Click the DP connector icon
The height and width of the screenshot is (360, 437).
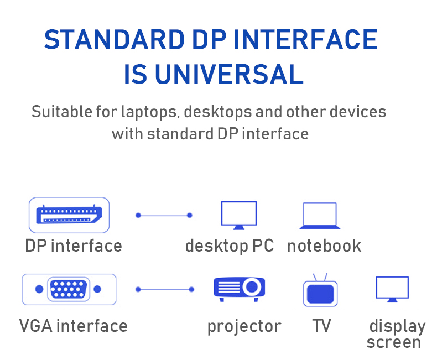pos(69,215)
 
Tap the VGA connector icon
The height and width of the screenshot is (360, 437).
pos(69,289)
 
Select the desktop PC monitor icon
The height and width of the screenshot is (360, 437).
pos(239,215)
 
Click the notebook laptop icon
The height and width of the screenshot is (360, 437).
pos(320,216)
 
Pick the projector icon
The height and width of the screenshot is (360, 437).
pos(239,289)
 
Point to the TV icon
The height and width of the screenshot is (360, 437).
pos(320,290)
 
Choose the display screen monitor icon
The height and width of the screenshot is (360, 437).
pos(392,289)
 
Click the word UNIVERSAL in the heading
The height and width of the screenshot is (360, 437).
pos(229,74)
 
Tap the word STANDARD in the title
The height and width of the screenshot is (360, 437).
pos(115,39)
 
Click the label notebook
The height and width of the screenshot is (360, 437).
pos(324,246)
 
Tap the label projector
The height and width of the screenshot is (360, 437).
pos(244,326)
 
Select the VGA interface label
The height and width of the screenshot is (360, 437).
pos(74,326)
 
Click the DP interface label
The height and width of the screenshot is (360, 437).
pos(74,246)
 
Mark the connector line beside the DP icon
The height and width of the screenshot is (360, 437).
pos(164,215)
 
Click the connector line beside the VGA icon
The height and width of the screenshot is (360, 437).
pos(165,290)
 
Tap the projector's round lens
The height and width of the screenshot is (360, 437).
pos(252,286)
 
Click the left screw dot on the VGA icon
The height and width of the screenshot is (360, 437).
pos(39,289)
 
